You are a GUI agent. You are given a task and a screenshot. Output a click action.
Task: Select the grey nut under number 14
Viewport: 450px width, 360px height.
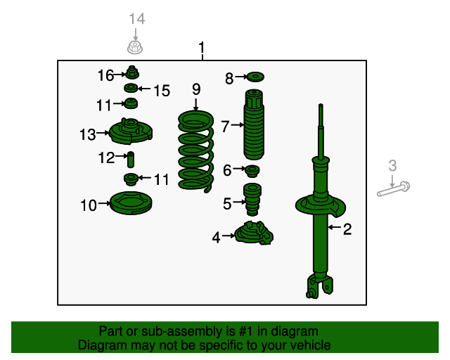coord(135,47)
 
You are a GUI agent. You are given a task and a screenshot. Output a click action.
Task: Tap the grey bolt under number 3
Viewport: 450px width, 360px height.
coord(394,189)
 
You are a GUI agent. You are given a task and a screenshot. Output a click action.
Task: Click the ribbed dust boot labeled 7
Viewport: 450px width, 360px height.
coord(254,124)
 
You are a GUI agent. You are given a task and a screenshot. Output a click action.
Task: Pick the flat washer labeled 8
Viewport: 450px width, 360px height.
coord(255,77)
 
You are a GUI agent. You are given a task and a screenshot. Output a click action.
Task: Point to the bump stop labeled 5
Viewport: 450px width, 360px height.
coord(252,200)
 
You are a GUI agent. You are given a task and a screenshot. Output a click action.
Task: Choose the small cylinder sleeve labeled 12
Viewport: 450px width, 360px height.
coord(131,160)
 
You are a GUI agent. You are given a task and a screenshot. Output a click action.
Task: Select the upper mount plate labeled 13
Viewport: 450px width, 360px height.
coord(131,132)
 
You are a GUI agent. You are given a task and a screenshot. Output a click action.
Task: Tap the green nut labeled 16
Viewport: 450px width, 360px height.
coord(132,72)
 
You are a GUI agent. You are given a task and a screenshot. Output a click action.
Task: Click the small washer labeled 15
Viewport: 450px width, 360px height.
coord(131,88)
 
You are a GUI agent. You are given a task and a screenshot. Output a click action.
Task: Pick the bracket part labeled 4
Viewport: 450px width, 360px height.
coord(254,233)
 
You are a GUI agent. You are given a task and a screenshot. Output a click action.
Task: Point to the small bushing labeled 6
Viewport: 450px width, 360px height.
coord(252,171)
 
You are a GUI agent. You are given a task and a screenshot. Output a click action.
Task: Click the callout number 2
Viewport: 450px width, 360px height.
coord(347,229)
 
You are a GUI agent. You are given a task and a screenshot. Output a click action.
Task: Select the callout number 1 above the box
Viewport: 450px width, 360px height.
coord(202,47)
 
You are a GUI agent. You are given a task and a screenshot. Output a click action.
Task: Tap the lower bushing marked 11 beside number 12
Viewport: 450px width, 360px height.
coord(131,180)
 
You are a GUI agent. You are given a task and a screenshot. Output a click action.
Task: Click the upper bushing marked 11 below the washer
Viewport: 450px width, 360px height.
coord(131,103)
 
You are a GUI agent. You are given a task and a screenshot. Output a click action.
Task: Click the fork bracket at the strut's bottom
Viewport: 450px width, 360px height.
coord(320,286)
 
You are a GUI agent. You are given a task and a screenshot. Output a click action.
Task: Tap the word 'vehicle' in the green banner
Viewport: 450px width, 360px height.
coord(310,345)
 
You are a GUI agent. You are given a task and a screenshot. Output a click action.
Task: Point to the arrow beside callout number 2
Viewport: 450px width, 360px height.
coord(335,227)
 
